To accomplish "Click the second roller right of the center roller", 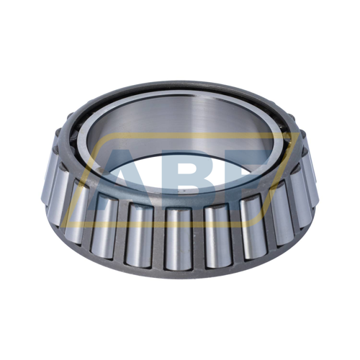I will (x=252, y=225).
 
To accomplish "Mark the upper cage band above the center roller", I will (x=178, y=202).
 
